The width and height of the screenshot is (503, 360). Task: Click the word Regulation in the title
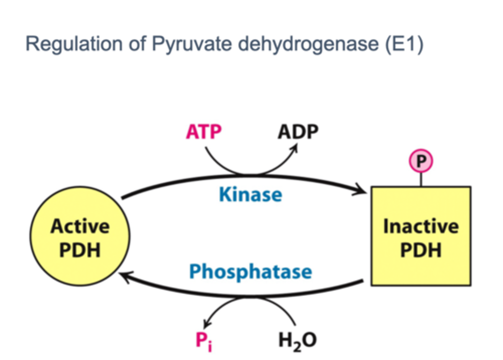74,44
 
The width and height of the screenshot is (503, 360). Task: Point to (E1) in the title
404,44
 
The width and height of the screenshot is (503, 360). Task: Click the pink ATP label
204,132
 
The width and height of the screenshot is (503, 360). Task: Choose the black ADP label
298,132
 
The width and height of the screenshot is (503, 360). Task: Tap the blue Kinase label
250,194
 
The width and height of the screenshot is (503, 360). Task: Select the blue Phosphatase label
250,272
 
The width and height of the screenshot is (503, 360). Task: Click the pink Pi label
203,340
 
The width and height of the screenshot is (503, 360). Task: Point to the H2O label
298,340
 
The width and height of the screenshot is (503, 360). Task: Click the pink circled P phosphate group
421,161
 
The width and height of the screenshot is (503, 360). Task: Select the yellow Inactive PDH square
421,265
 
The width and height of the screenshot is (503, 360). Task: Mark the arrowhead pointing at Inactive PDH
362,190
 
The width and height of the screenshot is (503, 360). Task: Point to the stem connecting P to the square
421,179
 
